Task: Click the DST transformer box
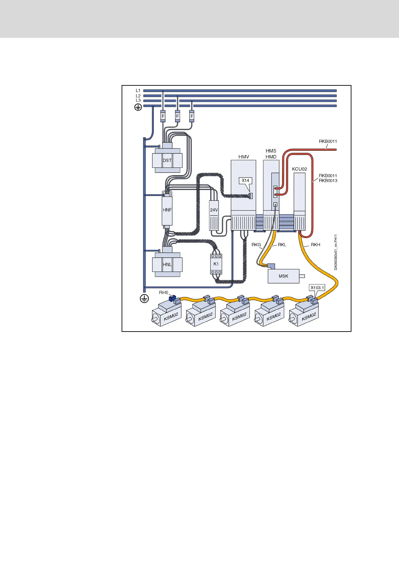pyautogui.click(x=167, y=160)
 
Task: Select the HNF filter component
pyautogui.click(x=167, y=210)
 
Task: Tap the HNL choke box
pyautogui.click(x=167, y=264)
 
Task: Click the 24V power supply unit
pyautogui.click(x=214, y=215)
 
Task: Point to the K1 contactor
pyautogui.click(x=216, y=264)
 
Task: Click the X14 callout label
pyautogui.click(x=246, y=181)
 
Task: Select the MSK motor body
pyautogui.click(x=283, y=276)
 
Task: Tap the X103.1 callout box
pyautogui.click(x=317, y=288)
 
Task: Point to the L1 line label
pyautogui.click(x=138, y=90)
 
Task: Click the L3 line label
pyautogui.click(x=138, y=100)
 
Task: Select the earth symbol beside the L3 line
pyautogui.click(x=138, y=107)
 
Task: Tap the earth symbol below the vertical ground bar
pyautogui.click(x=144, y=298)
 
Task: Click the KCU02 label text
pyautogui.click(x=299, y=169)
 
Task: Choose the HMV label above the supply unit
pyautogui.click(x=244, y=157)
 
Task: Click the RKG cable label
pyautogui.click(x=256, y=245)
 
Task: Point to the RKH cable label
pyautogui.click(x=315, y=245)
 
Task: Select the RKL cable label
pyautogui.click(x=282, y=245)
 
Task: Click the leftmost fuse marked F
pyautogui.click(x=163, y=116)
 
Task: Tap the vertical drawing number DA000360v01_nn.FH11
pyautogui.click(x=336, y=252)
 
